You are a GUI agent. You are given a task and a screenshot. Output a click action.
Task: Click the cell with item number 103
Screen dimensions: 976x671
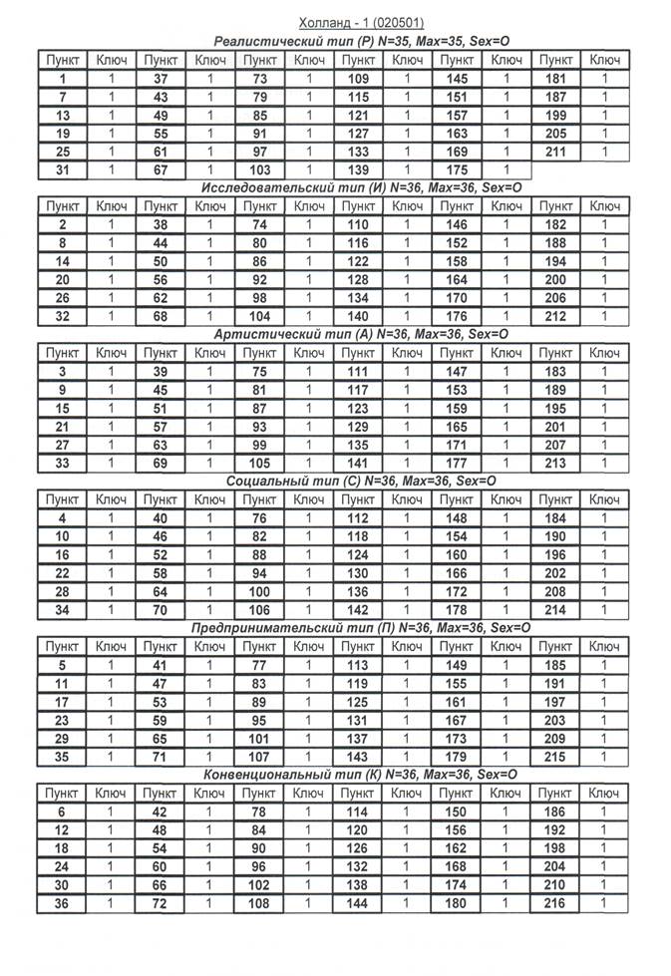(259, 170)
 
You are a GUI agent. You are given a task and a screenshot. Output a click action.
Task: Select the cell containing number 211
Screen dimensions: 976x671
(555, 152)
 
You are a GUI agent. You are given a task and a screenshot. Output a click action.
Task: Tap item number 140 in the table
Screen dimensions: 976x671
(358, 317)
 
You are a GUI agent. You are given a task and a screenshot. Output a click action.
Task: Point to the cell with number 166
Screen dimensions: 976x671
(457, 573)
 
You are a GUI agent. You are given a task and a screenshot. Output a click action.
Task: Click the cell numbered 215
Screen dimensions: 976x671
(555, 757)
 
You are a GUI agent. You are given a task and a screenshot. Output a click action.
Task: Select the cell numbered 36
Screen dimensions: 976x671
(62, 903)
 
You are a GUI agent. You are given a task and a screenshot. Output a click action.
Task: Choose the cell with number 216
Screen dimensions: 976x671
(555, 903)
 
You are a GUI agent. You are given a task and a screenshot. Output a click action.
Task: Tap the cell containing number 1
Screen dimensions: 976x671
(62, 78)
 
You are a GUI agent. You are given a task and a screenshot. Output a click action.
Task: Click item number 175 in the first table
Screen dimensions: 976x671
(457, 170)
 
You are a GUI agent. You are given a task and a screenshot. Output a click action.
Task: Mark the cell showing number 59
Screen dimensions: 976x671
(161, 720)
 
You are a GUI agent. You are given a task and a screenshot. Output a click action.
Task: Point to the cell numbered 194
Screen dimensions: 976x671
(555, 261)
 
